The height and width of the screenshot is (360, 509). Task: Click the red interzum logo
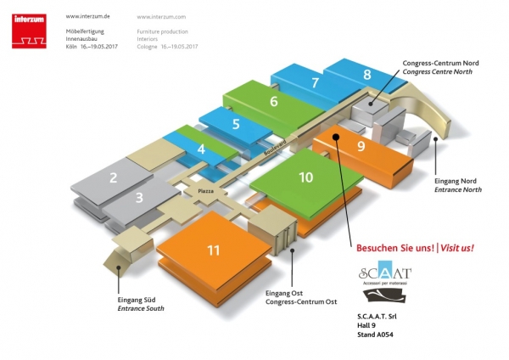point(30,30)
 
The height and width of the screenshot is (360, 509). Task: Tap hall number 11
point(215,250)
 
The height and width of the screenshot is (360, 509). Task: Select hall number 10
point(305,177)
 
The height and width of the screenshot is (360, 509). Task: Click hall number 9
point(361,146)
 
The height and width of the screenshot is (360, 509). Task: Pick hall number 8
point(367,75)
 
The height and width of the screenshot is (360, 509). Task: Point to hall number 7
point(315,83)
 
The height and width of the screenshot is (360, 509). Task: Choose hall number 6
point(273,102)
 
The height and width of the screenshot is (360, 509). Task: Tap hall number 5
point(235,125)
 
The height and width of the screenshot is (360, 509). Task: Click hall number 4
point(201,150)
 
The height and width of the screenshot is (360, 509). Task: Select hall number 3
point(140,199)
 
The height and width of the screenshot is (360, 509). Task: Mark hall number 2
point(112,178)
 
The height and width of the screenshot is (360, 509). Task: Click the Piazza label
point(207,192)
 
